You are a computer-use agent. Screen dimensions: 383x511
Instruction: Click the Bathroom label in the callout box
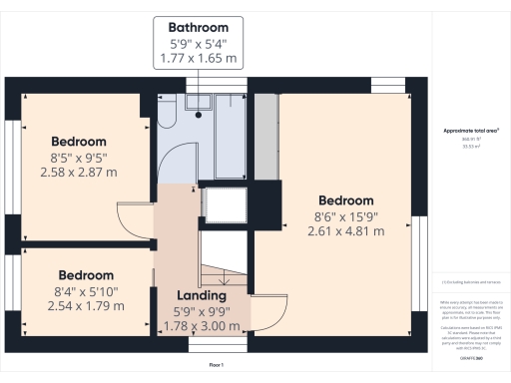pos(198,27)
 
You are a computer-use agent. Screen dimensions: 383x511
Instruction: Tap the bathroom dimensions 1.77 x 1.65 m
pos(198,60)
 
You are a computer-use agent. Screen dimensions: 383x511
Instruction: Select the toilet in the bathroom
pos(167,117)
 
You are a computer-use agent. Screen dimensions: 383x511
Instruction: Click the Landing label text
pos(202,296)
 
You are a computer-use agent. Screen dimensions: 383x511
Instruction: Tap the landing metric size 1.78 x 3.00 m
pos(202,326)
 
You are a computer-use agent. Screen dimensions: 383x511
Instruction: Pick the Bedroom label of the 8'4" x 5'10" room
pos(86,275)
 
